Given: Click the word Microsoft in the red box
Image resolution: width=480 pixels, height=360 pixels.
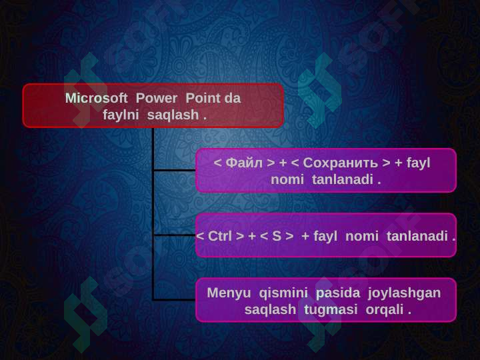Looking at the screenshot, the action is tap(97, 98).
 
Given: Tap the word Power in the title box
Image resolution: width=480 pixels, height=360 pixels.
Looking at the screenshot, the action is tap(157, 98).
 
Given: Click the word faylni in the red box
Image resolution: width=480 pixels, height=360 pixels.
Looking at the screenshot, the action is tap(121, 115).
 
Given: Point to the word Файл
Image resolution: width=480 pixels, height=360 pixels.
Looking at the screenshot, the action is tap(244, 163).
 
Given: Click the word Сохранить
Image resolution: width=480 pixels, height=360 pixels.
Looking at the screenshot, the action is tap(341, 163).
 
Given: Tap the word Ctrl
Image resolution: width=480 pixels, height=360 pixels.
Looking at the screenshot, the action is tap(220, 236).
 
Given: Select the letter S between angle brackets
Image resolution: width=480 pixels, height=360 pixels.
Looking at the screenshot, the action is tap(277, 236).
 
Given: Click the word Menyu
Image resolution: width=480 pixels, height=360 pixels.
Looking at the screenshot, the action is tap(229, 293).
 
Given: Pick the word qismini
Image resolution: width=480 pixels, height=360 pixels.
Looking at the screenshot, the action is tap(283, 293).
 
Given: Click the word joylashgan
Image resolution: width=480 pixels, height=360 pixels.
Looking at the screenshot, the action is tap(405, 293).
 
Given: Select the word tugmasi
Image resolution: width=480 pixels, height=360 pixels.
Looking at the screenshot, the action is tap(331, 309).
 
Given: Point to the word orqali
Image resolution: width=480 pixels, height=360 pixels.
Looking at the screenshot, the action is tap(385, 309).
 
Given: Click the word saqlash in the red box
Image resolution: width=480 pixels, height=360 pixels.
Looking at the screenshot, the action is tap(173, 115).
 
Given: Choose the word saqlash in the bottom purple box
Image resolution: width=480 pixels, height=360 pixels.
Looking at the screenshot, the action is tap(270, 309).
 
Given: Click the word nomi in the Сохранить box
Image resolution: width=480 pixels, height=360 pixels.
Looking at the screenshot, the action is tap(287, 180).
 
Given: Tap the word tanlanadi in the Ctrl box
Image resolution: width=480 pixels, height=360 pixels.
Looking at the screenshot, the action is tap(417, 236).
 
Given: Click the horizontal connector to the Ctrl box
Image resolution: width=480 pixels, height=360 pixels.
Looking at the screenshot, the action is tap(175, 235).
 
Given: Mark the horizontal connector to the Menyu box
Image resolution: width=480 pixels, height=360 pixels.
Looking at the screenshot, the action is tap(175, 299).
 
